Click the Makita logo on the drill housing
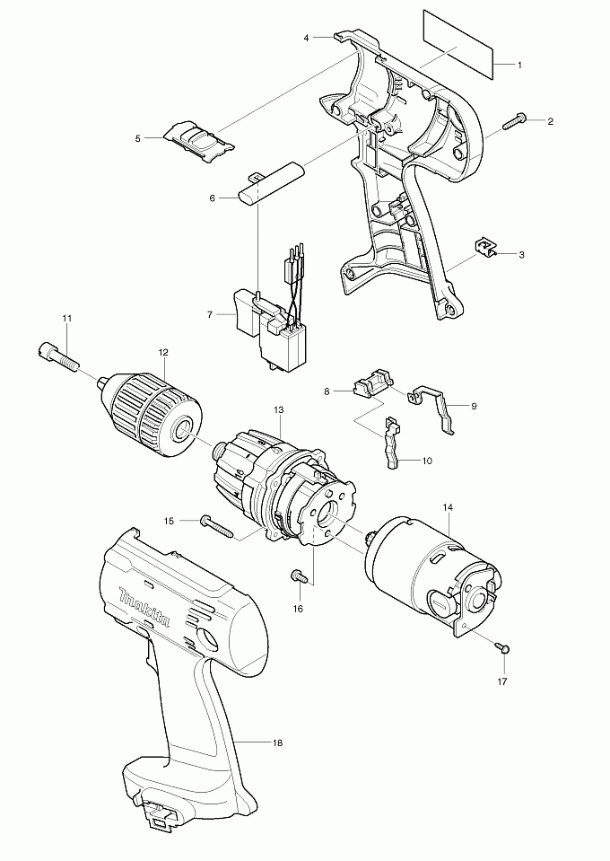point(144,607)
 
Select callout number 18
point(277,743)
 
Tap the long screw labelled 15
point(218,526)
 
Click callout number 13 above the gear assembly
point(279,410)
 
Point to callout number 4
point(306,38)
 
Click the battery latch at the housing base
point(161,822)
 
